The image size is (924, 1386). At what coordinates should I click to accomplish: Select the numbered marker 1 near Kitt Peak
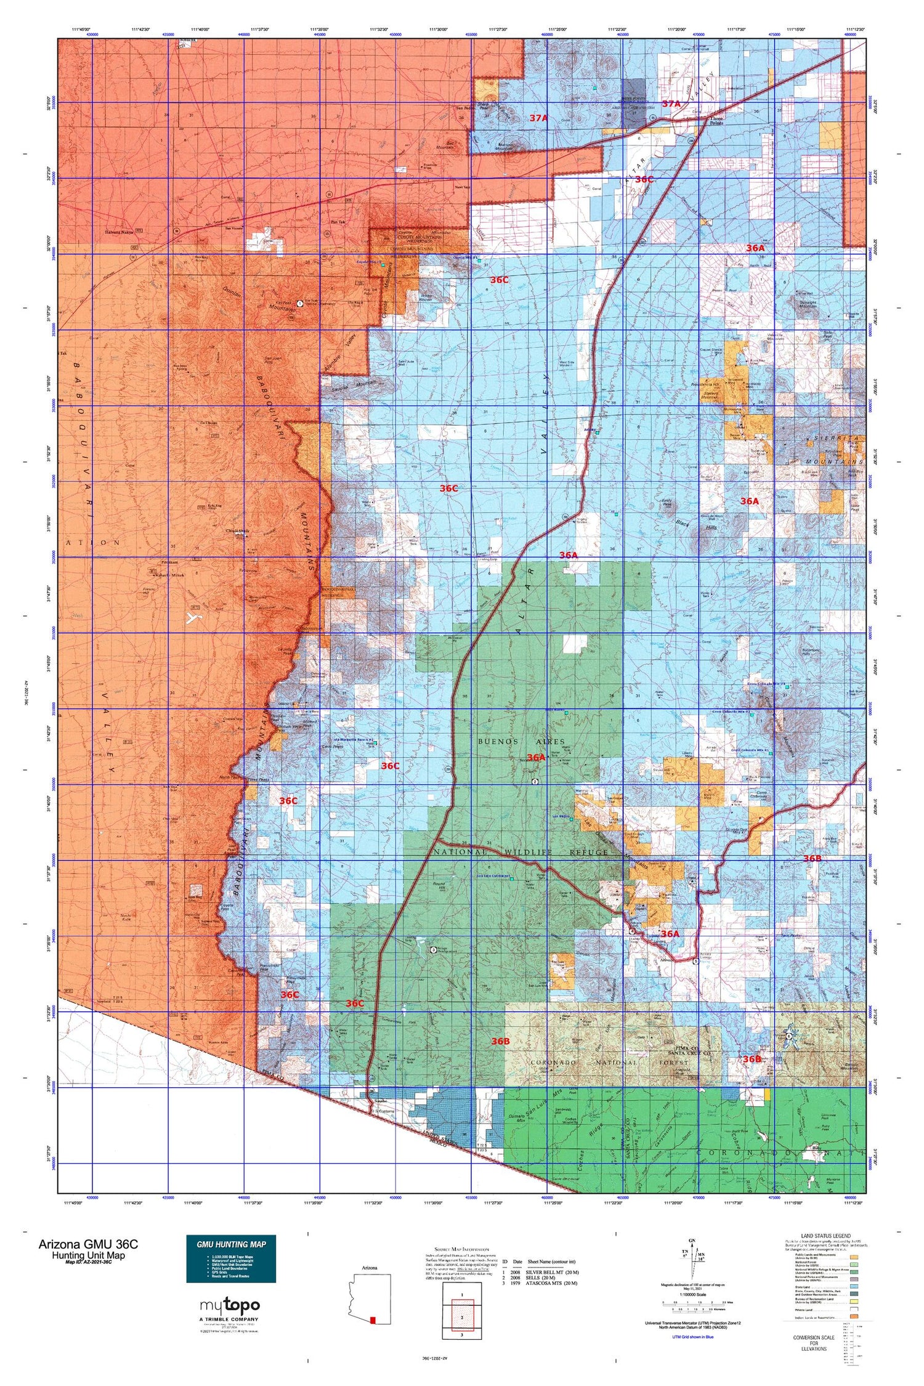299,303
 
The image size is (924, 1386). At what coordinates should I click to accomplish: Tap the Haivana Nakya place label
119,232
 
